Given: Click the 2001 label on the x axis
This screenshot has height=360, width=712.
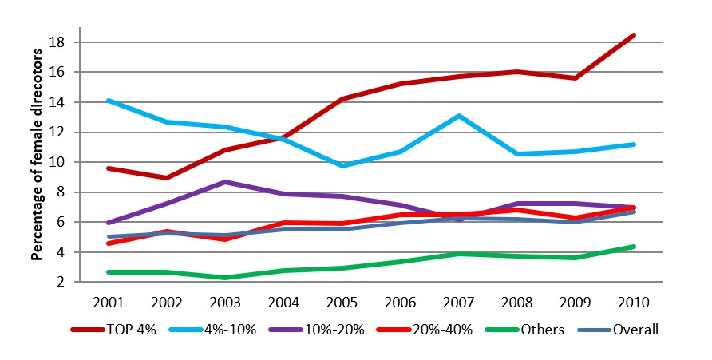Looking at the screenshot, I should [106, 303].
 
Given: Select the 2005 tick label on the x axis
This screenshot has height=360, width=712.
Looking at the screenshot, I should [342, 303].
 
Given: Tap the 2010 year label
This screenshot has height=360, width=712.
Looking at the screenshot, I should [634, 303].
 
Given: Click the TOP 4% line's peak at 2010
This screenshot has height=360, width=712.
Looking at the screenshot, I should [634, 35].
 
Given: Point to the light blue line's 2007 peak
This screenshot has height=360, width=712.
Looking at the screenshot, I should [459, 116].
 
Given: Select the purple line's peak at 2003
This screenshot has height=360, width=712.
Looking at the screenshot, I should [225, 182].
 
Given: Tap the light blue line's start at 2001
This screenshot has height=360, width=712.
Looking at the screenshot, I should [107, 101].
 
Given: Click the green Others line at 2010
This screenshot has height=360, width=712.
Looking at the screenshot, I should [634, 247].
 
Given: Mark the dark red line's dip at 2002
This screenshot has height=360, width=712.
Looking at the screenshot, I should [165, 178].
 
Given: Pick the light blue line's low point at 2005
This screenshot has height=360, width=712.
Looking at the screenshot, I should [342, 165].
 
